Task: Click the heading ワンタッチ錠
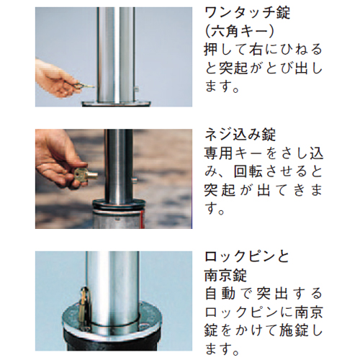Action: pyautogui.click(x=248, y=14)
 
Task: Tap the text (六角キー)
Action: pyautogui.click(x=240, y=32)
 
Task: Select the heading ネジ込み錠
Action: pyautogui.click(x=240, y=135)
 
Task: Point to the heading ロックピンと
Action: pyautogui.click(x=247, y=257)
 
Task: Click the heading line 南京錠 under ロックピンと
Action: pyautogui.click(x=225, y=275)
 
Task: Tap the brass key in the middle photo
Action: pyautogui.click(x=86, y=174)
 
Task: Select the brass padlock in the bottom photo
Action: pyautogui.click(x=85, y=307)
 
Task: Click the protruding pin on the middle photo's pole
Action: pyautogui.click(x=135, y=179)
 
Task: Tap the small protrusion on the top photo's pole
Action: pyautogui.click(x=136, y=89)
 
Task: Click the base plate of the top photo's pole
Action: pyautogui.click(x=116, y=104)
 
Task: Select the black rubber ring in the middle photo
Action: pyautogui.click(x=119, y=204)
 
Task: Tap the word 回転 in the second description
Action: pyautogui.click(x=248, y=172)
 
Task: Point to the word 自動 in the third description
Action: pyautogui.click(x=220, y=294)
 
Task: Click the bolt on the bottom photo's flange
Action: pyautogui.click(x=143, y=326)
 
